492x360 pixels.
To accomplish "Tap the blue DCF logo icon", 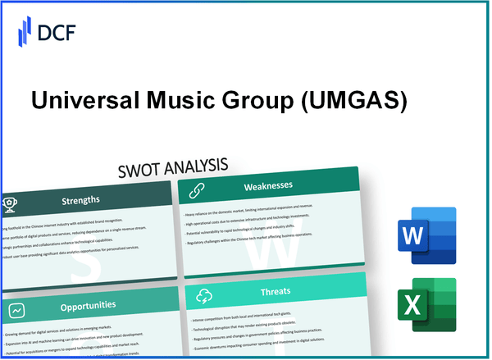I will [25, 34].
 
